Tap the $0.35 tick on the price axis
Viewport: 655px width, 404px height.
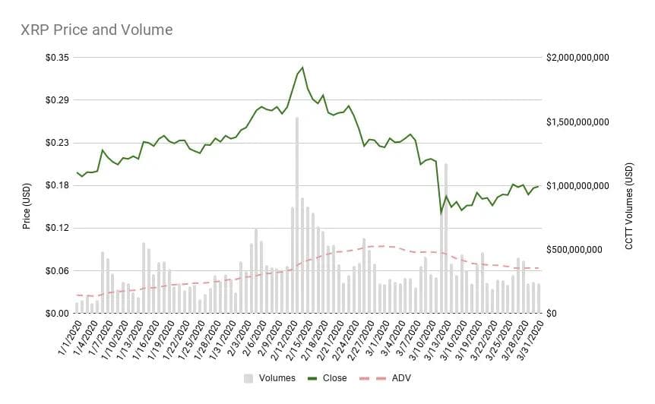tap(56, 58)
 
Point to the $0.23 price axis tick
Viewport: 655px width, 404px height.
tap(56, 143)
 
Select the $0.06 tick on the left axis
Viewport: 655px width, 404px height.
tap(56, 271)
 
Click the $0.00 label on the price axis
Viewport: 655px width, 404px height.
tap(56, 314)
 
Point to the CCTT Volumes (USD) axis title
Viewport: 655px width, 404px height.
tap(629, 200)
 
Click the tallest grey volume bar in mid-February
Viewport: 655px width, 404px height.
tap(297, 216)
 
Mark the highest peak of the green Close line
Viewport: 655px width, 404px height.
tap(302, 68)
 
